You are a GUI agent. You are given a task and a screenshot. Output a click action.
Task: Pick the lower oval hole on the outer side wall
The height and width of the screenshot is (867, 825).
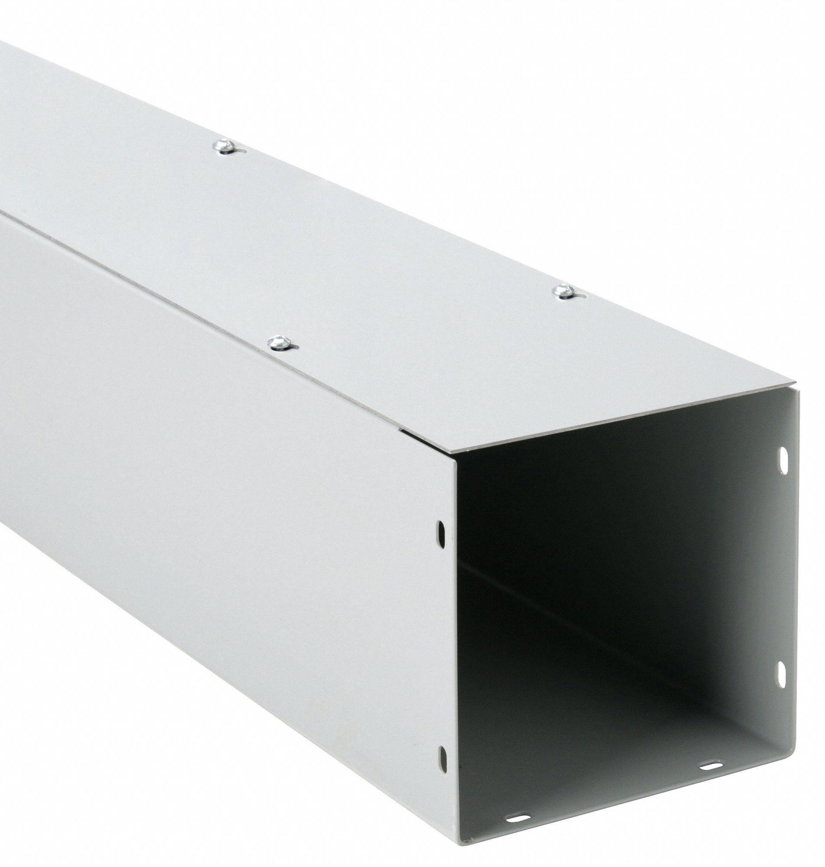(442, 717)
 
